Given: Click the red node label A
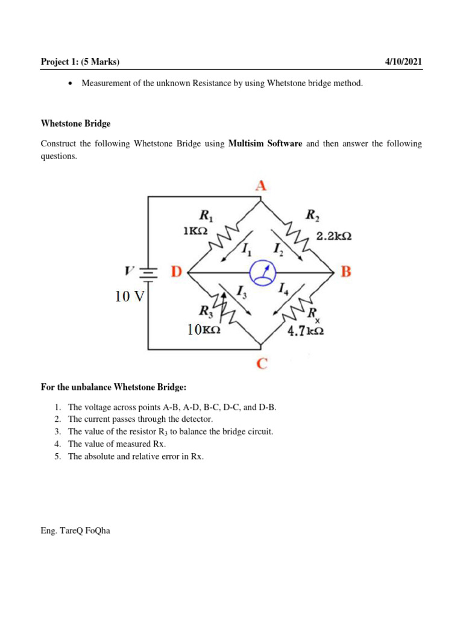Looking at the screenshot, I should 260,186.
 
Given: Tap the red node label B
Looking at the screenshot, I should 345,272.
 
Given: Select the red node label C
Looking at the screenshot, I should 263,364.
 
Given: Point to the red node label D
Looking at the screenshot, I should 176,272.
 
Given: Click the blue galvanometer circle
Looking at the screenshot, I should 261,273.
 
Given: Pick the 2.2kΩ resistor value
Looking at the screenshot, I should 334,237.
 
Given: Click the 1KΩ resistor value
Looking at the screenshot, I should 195,231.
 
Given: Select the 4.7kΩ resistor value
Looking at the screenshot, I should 306,331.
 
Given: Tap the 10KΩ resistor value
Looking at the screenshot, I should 203,330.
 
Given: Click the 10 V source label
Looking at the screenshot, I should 127,296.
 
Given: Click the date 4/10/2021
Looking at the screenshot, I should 403,61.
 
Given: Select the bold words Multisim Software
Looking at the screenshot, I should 265,144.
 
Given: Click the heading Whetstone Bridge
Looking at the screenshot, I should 75,124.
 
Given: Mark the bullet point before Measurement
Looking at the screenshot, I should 71,84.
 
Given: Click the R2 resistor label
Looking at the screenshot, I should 313,215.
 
